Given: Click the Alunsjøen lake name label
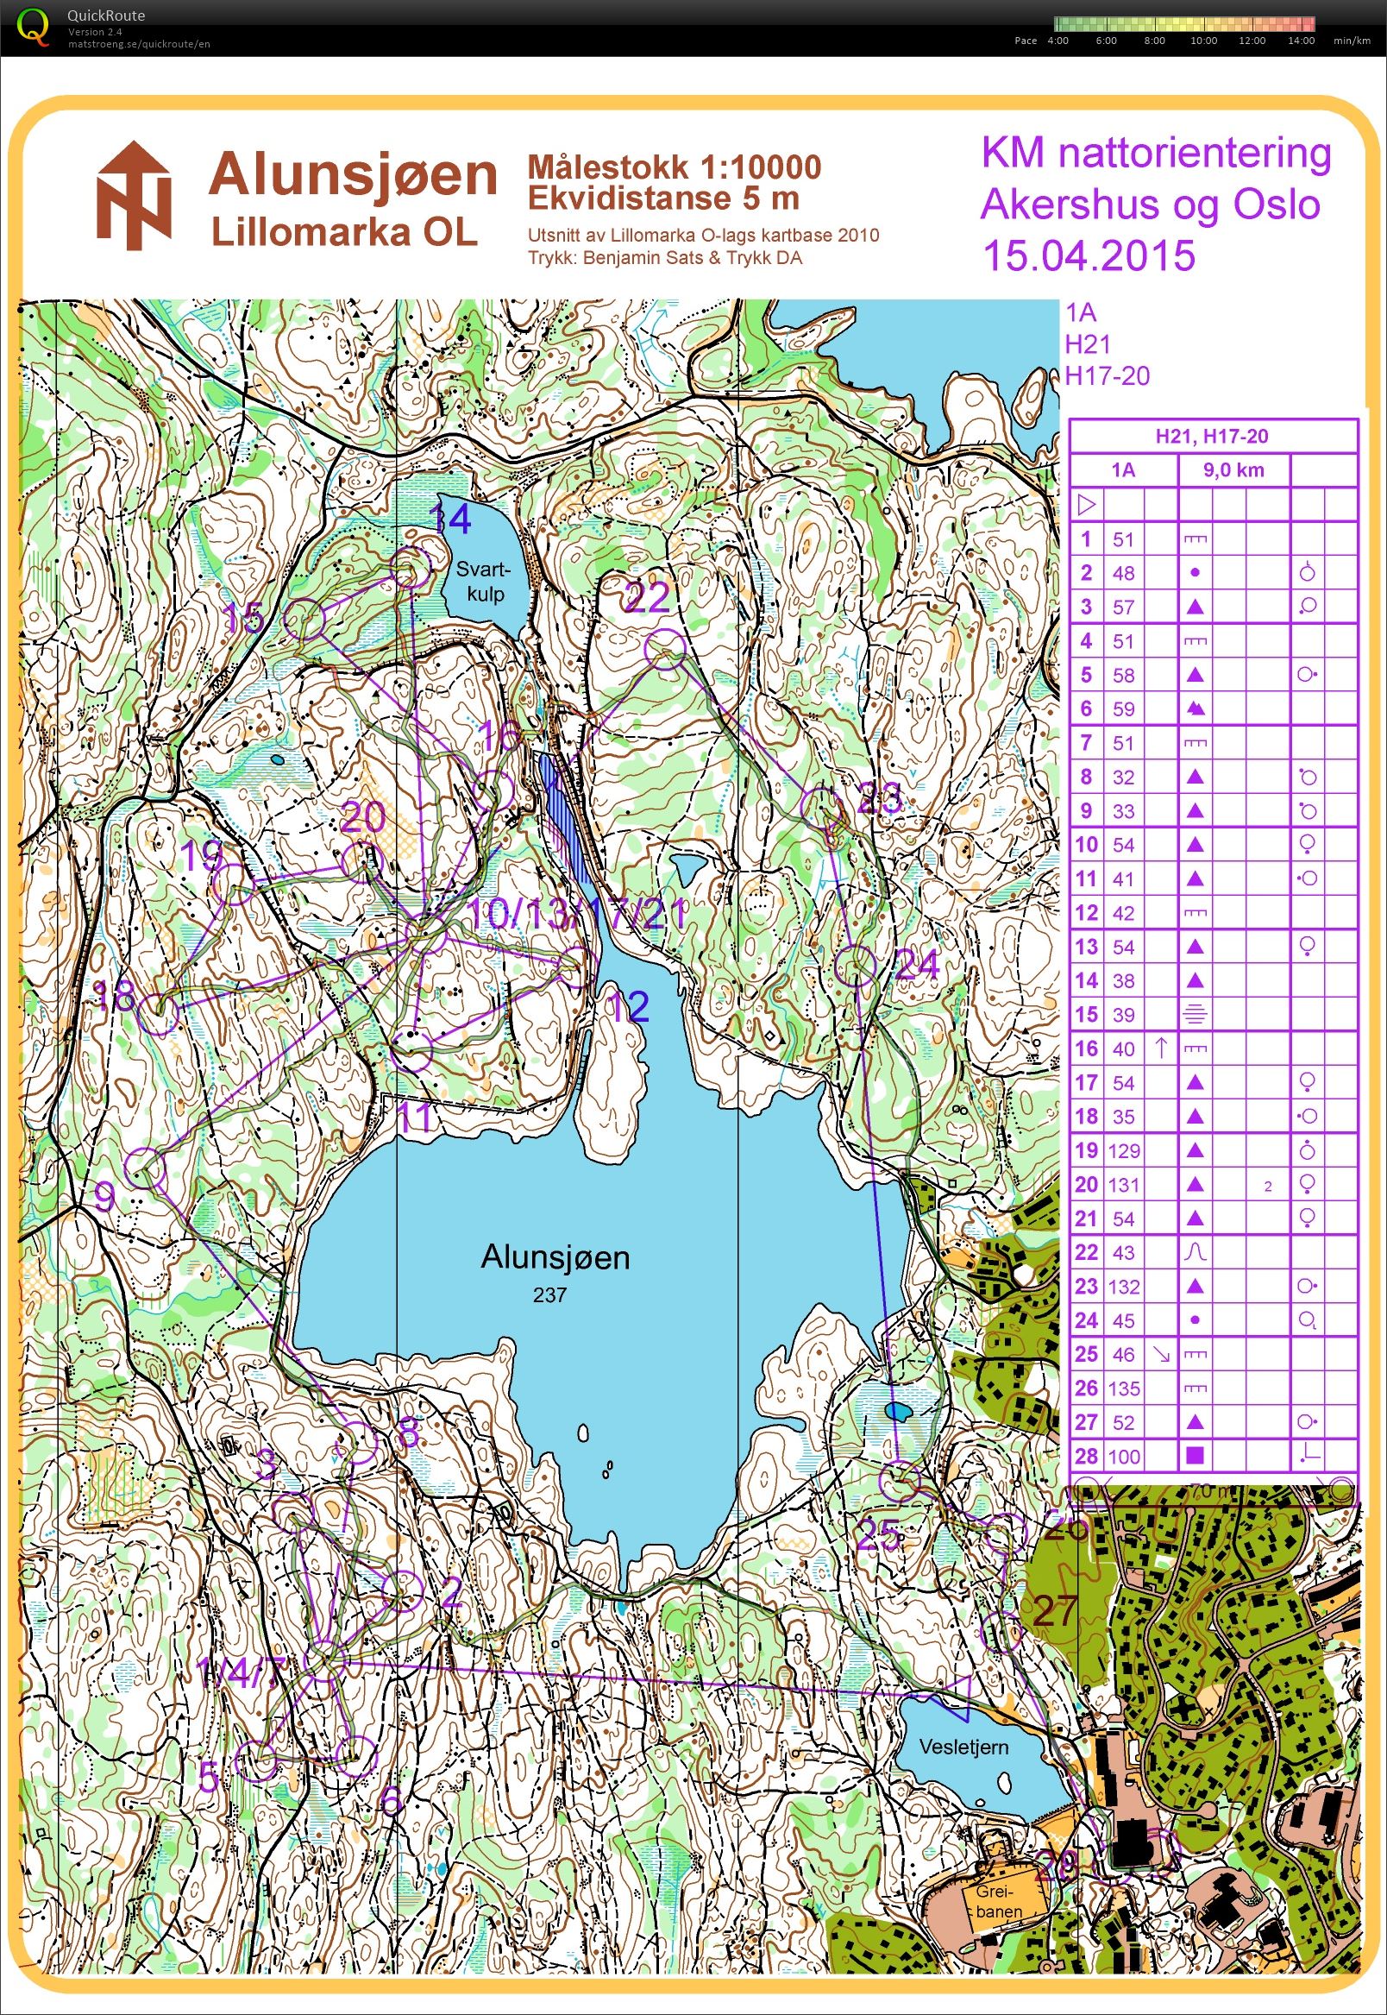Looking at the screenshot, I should click(555, 1257).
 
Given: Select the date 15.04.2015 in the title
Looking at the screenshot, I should click(1088, 255).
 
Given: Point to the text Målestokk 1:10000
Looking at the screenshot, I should click(674, 166).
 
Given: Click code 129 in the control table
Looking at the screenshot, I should click(1124, 1150).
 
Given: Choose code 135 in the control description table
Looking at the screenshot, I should click(1124, 1388).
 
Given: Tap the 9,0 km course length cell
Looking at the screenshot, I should click(1233, 470).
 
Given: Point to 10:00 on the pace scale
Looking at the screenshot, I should click(1203, 41).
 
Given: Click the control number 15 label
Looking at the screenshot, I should click(243, 619).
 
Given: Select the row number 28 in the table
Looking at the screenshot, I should click(1085, 1456).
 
